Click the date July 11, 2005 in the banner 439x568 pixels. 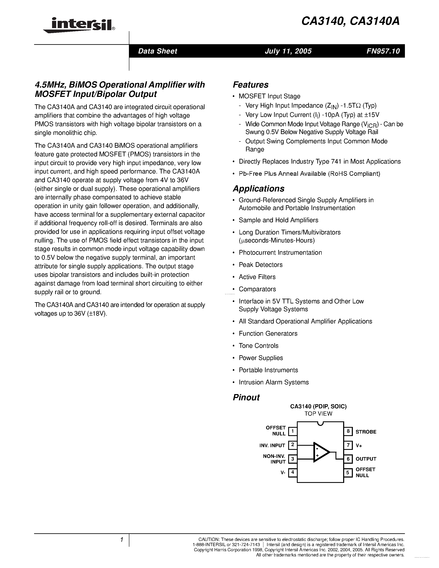pyautogui.click(x=288, y=51)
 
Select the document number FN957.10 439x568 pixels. pyautogui.click(x=383, y=51)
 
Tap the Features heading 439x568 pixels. pyautogui.click(x=250, y=85)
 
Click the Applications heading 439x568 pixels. pyautogui.click(x=258, y=189)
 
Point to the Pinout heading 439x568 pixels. pyautogui.click(x=246, y=397)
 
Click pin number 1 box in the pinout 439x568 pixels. pyautogui.click(x=293, y=431)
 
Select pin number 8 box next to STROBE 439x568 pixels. pyautogui.click(x=348, y=431)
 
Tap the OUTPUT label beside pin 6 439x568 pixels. pyautogui.click(x=366, y=459)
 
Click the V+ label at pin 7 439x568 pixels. pyautogui.click(x=359, y=446)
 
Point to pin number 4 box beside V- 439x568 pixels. pyautogui.click(x=293, y=472)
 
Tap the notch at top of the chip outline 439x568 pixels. pyautogui.click(x=320, y=424)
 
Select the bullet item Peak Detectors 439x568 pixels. pyautogui.click(x=260, y=265)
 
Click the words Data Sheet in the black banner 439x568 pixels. pyautogui.click(x=157, y=51)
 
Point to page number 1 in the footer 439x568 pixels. pyautogui.click(x=121, y=540)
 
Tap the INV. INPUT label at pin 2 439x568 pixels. pyautogui.click(x=272, y=446)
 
